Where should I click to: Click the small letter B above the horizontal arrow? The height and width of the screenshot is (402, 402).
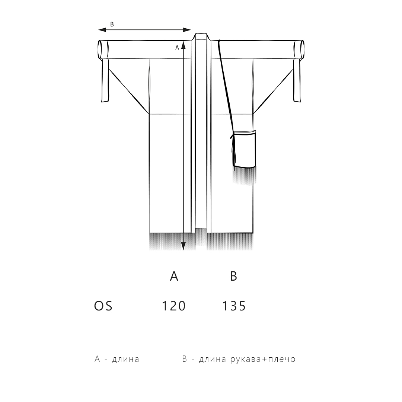pyautogui.click(x=112, y=24)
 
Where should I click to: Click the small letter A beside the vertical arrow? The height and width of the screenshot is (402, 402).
pyautogui.click(x=177, y=47)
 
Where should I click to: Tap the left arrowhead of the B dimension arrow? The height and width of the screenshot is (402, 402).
pyautogui.click(x=102, y=30)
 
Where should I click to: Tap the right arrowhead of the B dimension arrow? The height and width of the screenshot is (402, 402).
pyautogui.click(x=187, y=30)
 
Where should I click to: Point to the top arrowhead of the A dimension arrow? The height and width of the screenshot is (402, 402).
pyautogui.click(x=183, y=45)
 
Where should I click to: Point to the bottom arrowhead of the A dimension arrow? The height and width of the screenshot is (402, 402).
pyautogui.click(x=183, y=246)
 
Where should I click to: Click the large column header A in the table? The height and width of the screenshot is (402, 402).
pyautogui.click(x=174, y=276)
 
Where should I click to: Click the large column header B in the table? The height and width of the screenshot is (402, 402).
pyautogui.click(x=233, y=276)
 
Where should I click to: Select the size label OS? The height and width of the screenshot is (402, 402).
pyautogui.click(x=103, y=306)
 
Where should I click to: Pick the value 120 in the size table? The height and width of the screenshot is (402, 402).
pyautogui.click(x=173, y=306)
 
